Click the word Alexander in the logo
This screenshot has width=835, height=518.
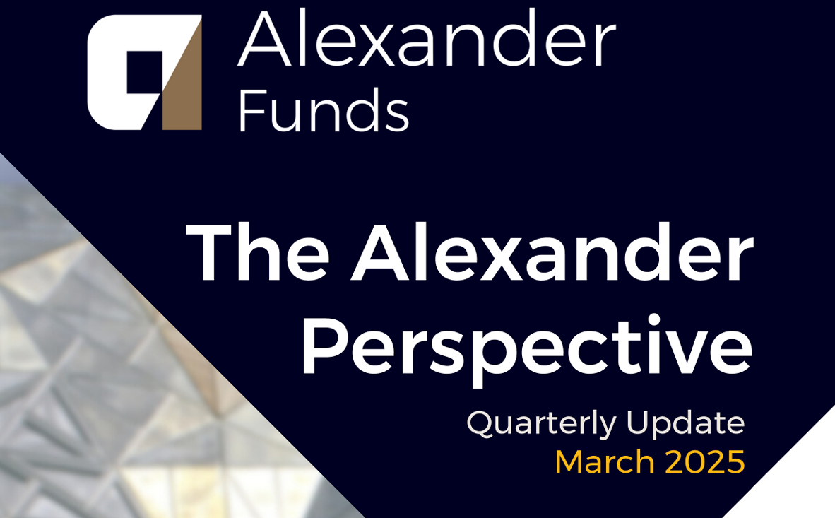tap(427, 38)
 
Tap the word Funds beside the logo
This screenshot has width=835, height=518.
tap(324, 110)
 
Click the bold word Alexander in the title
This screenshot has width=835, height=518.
tap(552, 252)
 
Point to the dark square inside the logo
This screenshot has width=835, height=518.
tap(144, 72)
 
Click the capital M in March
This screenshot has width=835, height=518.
tap(569, 462)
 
